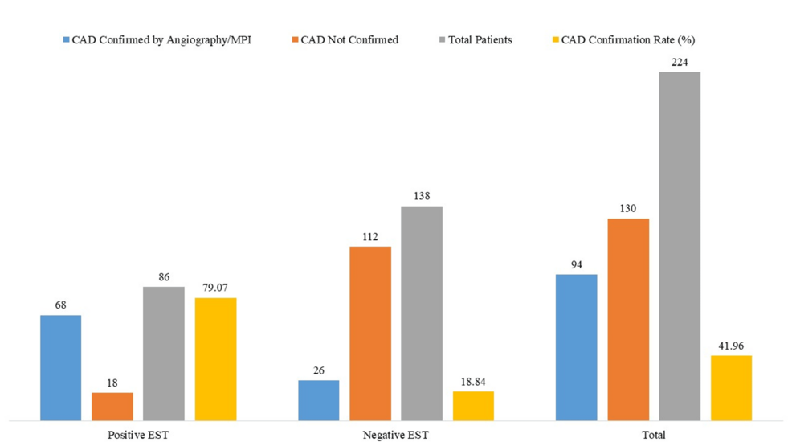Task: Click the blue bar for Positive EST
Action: point(60,367)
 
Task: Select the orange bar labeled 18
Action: point(112,406)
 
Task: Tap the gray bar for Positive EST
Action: point(164,353)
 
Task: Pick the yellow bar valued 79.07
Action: point(216,358)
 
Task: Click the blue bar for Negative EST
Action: point(318,399)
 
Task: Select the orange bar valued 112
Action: point(370,333)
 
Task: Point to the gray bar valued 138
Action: point(422,313)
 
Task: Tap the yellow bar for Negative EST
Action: point(473,405)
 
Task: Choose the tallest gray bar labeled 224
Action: point(680,245)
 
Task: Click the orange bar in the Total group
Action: point(628,319)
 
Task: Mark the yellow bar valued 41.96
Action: point(731,387)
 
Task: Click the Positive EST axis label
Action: point(138,435)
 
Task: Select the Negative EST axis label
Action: point(396,435)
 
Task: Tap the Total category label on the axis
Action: point(654,435)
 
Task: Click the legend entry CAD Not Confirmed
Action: point(349,40)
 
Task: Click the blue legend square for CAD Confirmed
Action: point(66,40)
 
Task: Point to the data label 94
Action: point(577,264)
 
